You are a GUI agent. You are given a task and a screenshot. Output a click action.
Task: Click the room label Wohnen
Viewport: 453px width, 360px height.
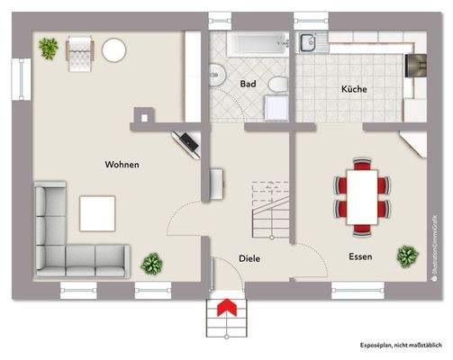(x=122, y=165)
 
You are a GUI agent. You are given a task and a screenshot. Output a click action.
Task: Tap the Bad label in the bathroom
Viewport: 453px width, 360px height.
(x=249, y=84)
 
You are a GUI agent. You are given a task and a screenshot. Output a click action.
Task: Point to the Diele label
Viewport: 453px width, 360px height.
(x=249, y=258)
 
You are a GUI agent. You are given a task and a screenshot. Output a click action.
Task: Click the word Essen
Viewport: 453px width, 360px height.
(x=361, y=256)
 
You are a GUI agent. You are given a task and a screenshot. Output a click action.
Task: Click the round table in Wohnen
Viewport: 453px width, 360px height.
(x=114, y=50)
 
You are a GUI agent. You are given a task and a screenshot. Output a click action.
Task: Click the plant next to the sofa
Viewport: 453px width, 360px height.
(x=152, y=265)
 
